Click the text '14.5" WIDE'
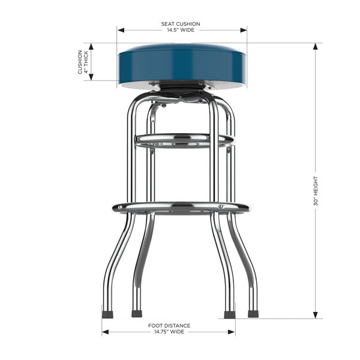(181, 30)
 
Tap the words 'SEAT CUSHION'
(181, 24)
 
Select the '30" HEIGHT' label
(316, 191)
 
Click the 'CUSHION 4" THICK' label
(83, 62)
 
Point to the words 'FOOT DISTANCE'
(169, 326)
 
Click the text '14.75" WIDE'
(169, 332)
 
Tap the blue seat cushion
(182, 65)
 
